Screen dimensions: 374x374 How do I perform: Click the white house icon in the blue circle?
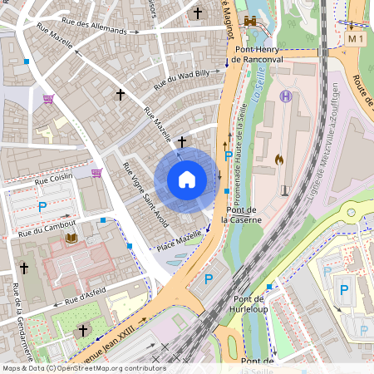[187, 179]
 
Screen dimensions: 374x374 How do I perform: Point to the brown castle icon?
[250, 21]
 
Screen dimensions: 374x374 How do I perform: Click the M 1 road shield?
[357, 39]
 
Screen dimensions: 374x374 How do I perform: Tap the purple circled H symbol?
[286, 96]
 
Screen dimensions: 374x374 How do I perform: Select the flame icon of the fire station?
[279, 159]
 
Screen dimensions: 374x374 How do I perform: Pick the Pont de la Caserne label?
[244, 214]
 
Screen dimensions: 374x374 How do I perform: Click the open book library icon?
[71, 239]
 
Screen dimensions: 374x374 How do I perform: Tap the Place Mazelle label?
[179, 241]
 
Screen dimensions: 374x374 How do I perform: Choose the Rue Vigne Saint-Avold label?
[145, 198]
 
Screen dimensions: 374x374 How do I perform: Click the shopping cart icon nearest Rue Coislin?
[96, 173]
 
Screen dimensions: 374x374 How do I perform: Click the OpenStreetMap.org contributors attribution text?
[114, 368]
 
